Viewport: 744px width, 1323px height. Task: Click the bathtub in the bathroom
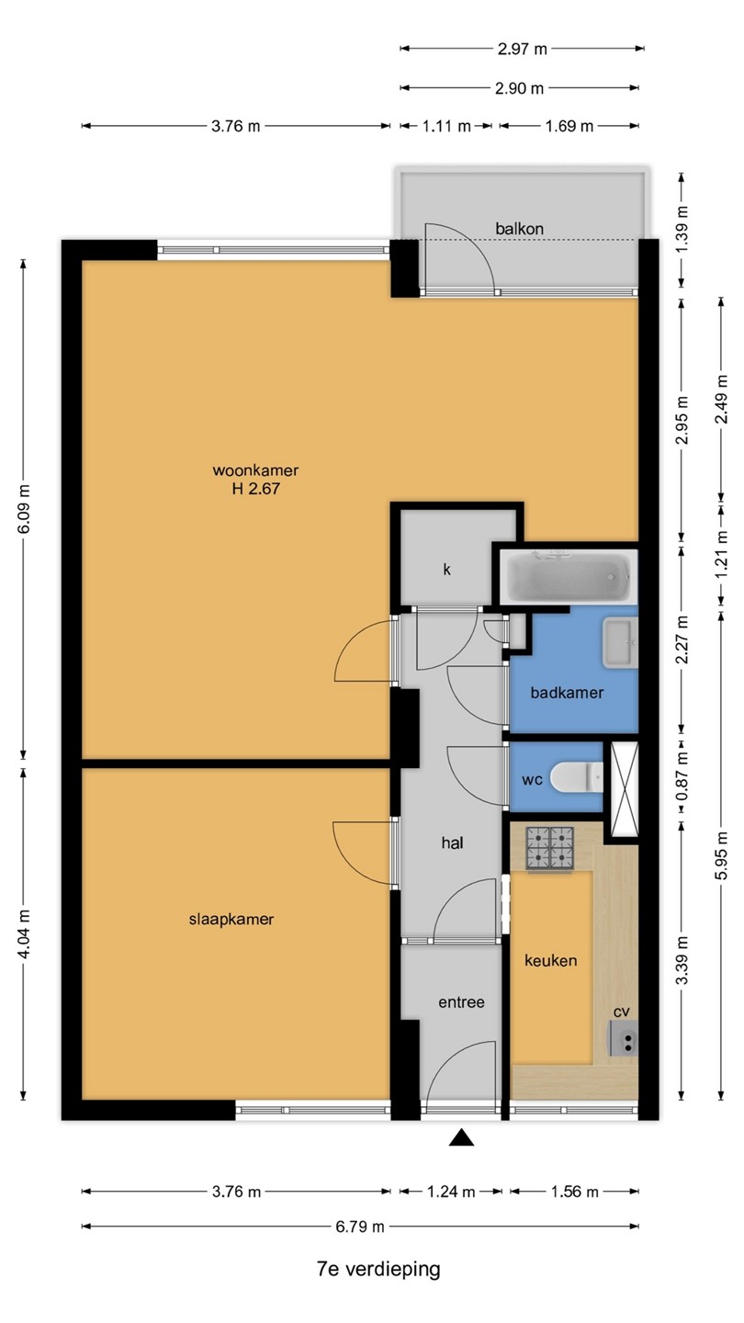(569, 577)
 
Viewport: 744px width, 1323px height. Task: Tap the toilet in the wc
(576, 776)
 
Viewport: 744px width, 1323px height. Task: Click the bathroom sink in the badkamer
(620, 643)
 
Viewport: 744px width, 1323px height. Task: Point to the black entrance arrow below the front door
(461, 1137)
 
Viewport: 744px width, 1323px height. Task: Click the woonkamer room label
(255, 470)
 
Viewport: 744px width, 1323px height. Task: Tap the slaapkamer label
(231, 919)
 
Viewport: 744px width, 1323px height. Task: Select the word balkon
(520, 229)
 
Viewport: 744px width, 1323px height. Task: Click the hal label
(452, 842)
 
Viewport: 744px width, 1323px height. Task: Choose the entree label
(461, 1001)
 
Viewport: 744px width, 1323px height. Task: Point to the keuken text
(551, 960)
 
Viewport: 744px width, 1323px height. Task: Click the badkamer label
(567, 692)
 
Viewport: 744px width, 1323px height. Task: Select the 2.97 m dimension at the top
(522, 49)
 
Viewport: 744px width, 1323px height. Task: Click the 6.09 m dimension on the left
(24, 509)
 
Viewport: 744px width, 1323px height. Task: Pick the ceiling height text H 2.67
(255, 489)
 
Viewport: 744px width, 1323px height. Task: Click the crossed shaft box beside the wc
(625, 789)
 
